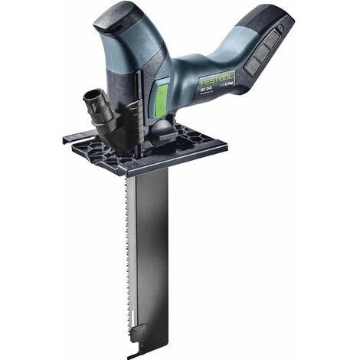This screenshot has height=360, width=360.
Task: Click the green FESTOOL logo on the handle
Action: coord(217,79)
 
